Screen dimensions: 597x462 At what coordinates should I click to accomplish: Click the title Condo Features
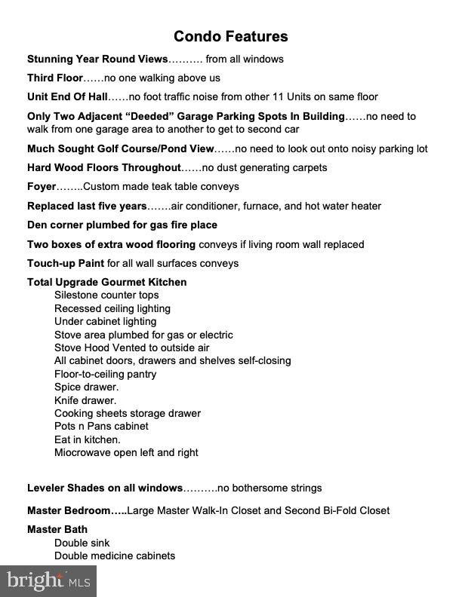230,36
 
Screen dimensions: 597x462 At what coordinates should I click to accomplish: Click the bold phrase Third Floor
55,78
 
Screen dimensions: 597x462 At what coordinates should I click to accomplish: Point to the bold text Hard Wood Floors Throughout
104,167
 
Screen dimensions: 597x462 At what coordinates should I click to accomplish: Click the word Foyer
42,186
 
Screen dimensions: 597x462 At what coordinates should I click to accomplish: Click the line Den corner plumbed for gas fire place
122,225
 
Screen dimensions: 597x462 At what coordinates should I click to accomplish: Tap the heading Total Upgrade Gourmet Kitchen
106,282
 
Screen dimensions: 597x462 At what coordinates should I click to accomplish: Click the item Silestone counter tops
106,295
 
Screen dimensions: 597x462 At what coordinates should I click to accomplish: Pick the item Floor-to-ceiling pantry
105,374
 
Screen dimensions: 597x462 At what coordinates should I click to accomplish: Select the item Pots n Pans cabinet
101,427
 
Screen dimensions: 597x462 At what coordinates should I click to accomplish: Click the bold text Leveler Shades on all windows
105,488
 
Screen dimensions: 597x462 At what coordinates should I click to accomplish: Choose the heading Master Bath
57,529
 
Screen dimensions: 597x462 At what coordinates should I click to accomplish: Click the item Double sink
82,543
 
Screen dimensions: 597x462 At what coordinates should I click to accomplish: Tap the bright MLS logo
48,581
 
